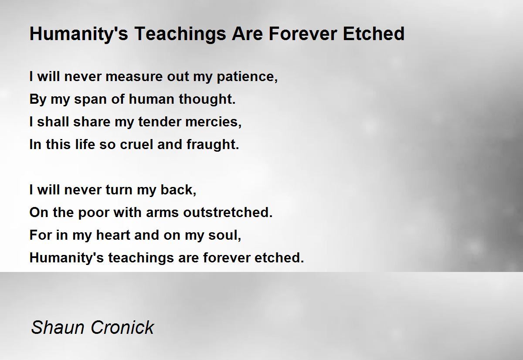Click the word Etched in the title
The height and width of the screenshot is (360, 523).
pos(374,34)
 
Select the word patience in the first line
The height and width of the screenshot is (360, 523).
pos(247,77)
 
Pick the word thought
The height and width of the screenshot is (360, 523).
pos(207,99)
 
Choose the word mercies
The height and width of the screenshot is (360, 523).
pos(213,122)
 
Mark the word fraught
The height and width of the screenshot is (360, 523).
pos(213,144)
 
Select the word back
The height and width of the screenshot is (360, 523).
pos(178,190)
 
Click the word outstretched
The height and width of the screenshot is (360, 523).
pos(228,212)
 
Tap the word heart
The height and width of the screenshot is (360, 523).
pos(113,235)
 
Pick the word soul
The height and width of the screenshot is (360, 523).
pos(224,235)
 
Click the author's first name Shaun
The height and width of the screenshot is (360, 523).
pos(58,327)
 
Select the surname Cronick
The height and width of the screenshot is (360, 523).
pos(122,327)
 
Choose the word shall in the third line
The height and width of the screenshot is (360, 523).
pos(54,122)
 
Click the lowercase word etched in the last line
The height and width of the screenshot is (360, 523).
pos(279,258)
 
